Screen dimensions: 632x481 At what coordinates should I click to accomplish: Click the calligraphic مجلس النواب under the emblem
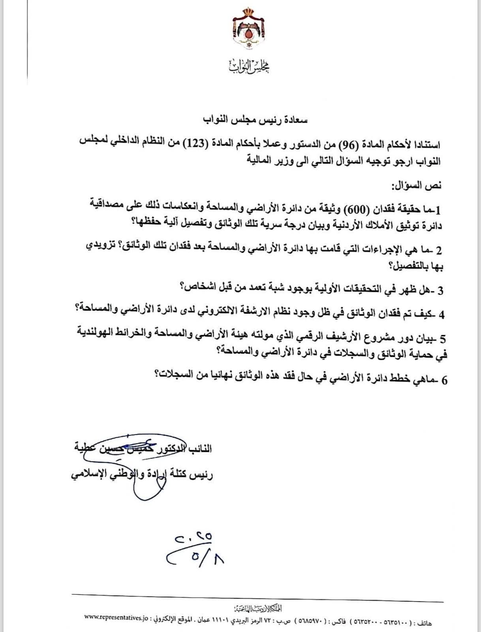(249, 66)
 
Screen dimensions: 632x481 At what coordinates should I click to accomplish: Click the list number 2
(439, 250)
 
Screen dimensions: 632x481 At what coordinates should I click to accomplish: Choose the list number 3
(440, 291)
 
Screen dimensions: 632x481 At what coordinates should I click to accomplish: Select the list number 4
(441, 315)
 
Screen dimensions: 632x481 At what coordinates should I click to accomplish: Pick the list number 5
(442, 339)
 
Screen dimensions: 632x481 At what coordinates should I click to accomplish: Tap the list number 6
(444, 380)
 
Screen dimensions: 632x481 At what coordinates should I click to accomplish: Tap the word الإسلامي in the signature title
(87, 474)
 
